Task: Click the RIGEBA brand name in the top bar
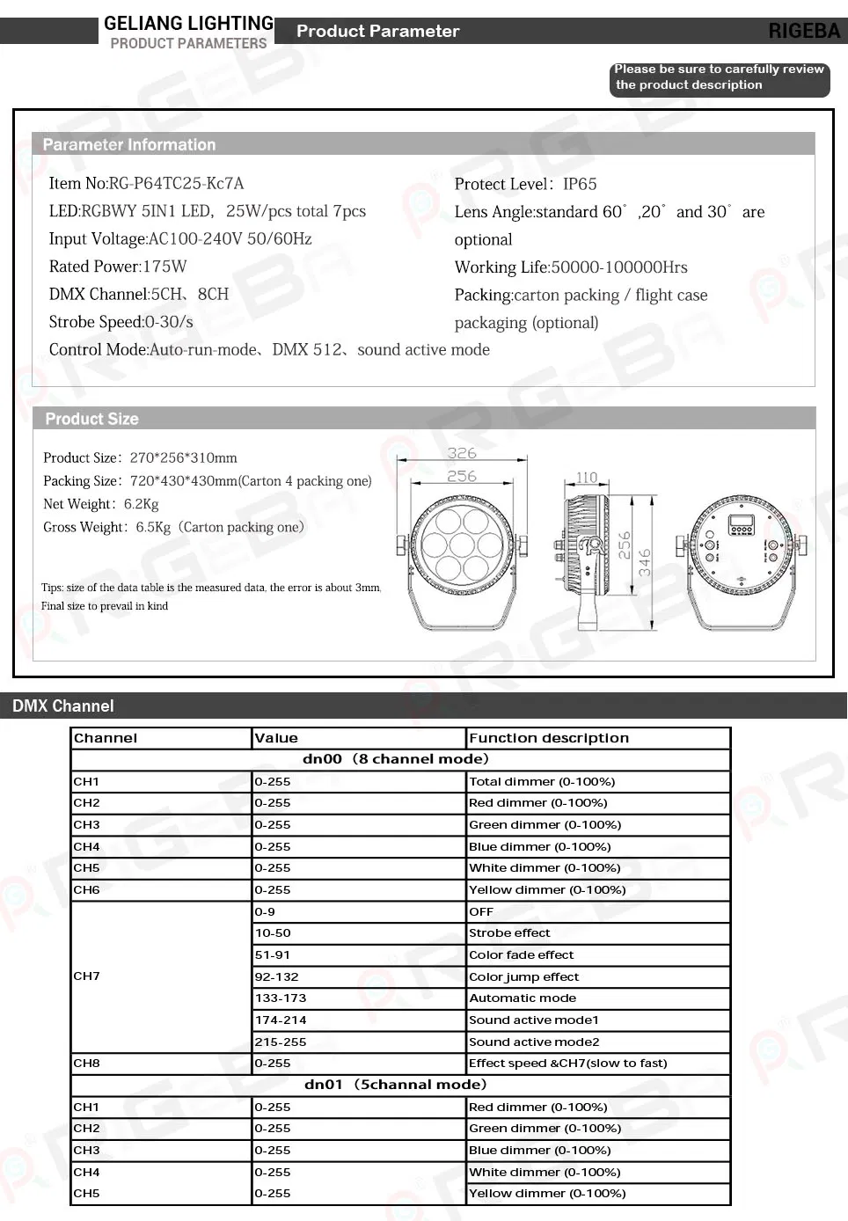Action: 804,31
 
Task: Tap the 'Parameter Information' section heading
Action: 129,145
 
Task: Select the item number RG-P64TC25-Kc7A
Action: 176,184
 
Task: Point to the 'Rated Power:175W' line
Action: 118,267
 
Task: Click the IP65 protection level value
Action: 580,184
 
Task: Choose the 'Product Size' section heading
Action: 92,420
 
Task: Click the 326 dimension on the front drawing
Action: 462,453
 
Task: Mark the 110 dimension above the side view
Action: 587,478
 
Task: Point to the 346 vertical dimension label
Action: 645,562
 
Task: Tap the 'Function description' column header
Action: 549,738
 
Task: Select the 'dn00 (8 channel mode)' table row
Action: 396,759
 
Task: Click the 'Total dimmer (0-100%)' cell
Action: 542,781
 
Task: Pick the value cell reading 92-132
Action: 276,976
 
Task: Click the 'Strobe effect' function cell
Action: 509,933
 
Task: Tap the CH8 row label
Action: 86,1064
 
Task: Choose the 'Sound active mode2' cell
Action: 534,1042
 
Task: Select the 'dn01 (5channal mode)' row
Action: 396,1085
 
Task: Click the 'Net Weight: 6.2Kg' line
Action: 101,504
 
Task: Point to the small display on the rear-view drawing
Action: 741,525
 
